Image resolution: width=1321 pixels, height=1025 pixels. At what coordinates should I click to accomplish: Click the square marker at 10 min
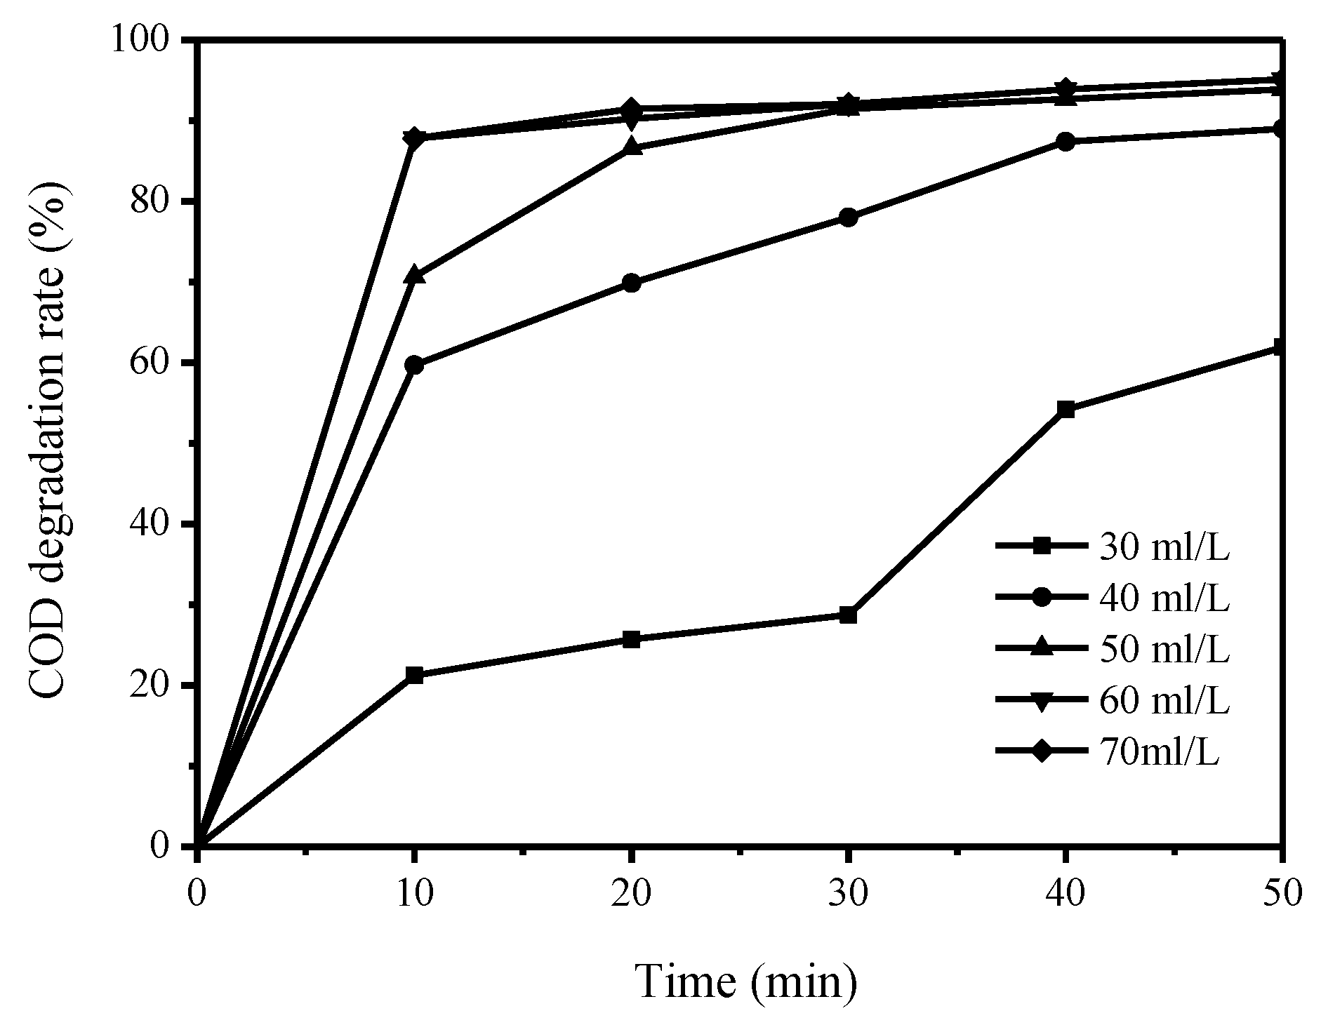[x=414, y=676]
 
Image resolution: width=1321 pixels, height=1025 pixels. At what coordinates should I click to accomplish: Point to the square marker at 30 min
[x=848, y=615]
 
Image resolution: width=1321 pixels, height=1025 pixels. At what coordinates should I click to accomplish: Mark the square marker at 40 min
[x=1066, y=410]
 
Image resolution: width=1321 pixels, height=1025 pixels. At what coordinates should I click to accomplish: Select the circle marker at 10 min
[x=414, y=365]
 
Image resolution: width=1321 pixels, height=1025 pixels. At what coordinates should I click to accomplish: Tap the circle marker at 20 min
[x=631, y=283]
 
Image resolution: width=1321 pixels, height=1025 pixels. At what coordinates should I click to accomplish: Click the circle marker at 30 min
[x=848, y=217]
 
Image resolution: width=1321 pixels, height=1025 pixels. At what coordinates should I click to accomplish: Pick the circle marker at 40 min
[x=1066, y=142]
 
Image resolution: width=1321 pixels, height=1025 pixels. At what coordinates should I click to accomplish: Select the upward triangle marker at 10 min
[x=414, y=275]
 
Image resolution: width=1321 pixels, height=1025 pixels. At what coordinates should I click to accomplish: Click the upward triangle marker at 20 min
[x=631, y=147]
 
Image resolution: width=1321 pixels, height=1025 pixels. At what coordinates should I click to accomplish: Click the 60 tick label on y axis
[x=161, y=363]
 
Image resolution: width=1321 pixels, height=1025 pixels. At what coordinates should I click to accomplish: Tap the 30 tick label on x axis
[x=848, y=895]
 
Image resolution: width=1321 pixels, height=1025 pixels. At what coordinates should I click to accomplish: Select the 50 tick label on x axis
[x=1282, y=895]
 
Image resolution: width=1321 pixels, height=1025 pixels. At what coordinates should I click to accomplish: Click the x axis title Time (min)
[x=745, y=981]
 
